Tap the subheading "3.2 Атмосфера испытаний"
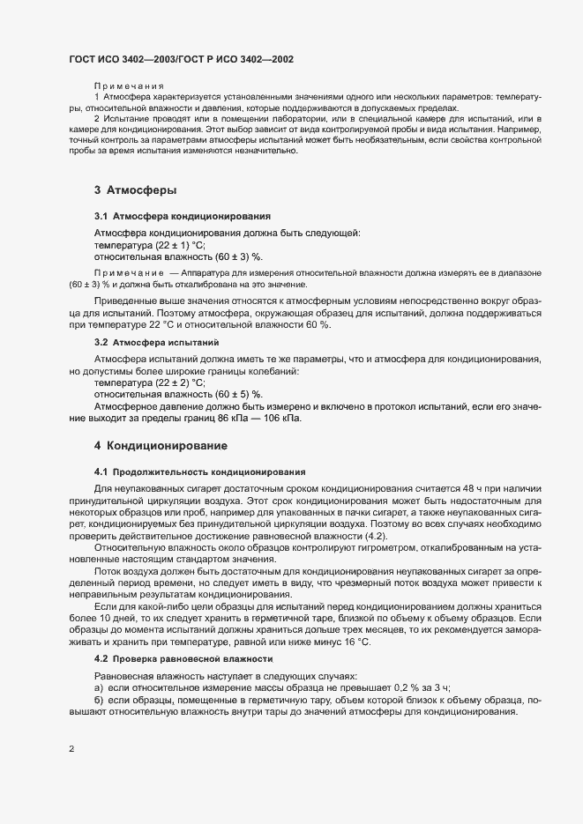tap(156, 341)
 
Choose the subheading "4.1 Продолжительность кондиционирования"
tap(199, 472)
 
